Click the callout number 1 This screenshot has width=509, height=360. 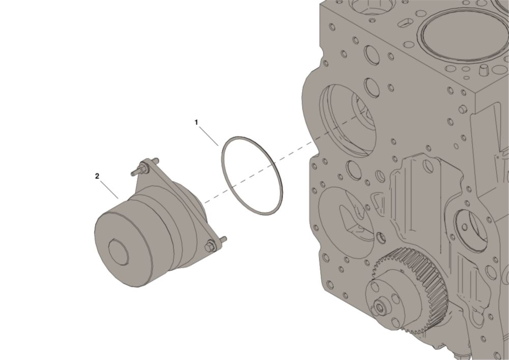pyautogui.click(x=196, y=122)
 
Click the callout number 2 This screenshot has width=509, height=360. pyautogui.click(x=97, y=176)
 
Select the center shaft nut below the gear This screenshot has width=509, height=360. pyautogui.click(x=380, y=307)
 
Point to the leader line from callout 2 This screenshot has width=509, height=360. pyautogui.click(x=109, y=189)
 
